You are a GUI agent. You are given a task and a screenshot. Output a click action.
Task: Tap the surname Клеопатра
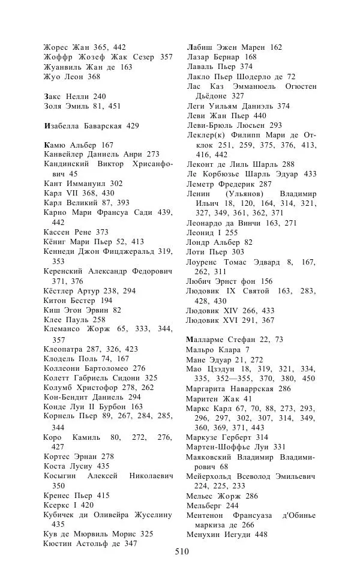(x=63, y=348)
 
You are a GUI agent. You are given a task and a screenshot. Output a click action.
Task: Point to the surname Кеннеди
(x=60, y=251)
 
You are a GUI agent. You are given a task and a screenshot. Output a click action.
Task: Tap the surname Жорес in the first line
(x=56, y=47)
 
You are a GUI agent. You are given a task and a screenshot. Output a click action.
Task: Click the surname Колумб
(x=59, y=388)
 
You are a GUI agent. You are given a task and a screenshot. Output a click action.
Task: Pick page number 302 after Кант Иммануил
(x=116, y=184)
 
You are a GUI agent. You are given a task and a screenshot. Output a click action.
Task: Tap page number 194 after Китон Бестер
(x=106, y=300)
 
